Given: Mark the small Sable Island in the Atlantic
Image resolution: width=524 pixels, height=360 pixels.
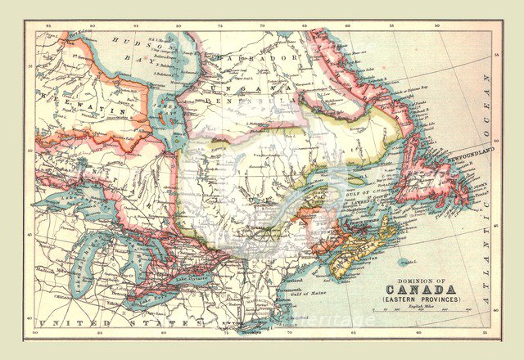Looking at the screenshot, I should (x=404, y=263).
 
